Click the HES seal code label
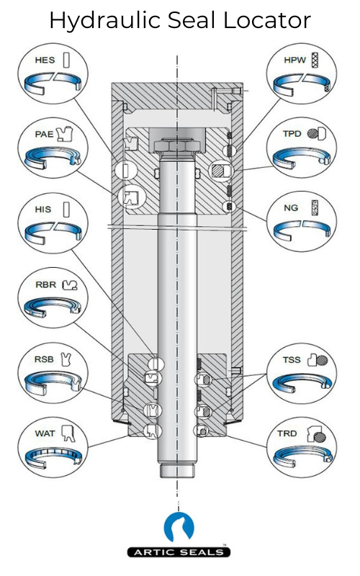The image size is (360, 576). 45,60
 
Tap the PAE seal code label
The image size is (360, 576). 44,134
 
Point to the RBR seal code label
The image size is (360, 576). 45,284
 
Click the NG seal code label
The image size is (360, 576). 291,208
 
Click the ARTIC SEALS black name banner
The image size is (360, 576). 179,552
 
